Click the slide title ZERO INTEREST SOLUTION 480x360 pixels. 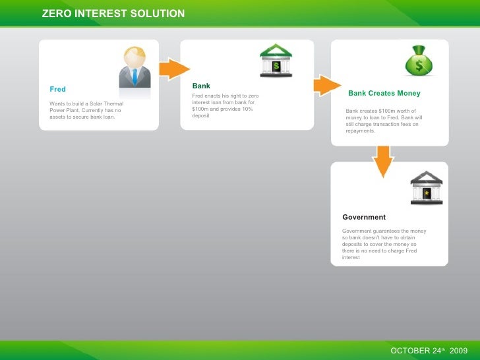click(113, 13)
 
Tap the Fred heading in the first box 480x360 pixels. click(57, 89)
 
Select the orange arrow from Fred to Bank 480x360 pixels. click(175, 69)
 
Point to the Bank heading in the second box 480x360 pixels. click(201, 86)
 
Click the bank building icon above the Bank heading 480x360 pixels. click(276, 61)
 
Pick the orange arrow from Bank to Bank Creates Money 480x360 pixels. click(326, 85)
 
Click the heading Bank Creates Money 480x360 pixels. click(384, 94)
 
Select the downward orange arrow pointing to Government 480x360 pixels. click(382, 161)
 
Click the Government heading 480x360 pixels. click(364, 217)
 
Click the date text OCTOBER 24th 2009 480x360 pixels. click(429, 350)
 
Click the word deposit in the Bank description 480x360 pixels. click(200, 115)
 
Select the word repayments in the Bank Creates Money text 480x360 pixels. click(360, 131)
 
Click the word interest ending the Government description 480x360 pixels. click(351, 257)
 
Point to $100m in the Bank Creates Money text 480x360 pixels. click(384, 111)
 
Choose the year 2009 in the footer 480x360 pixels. click(459, 350)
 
